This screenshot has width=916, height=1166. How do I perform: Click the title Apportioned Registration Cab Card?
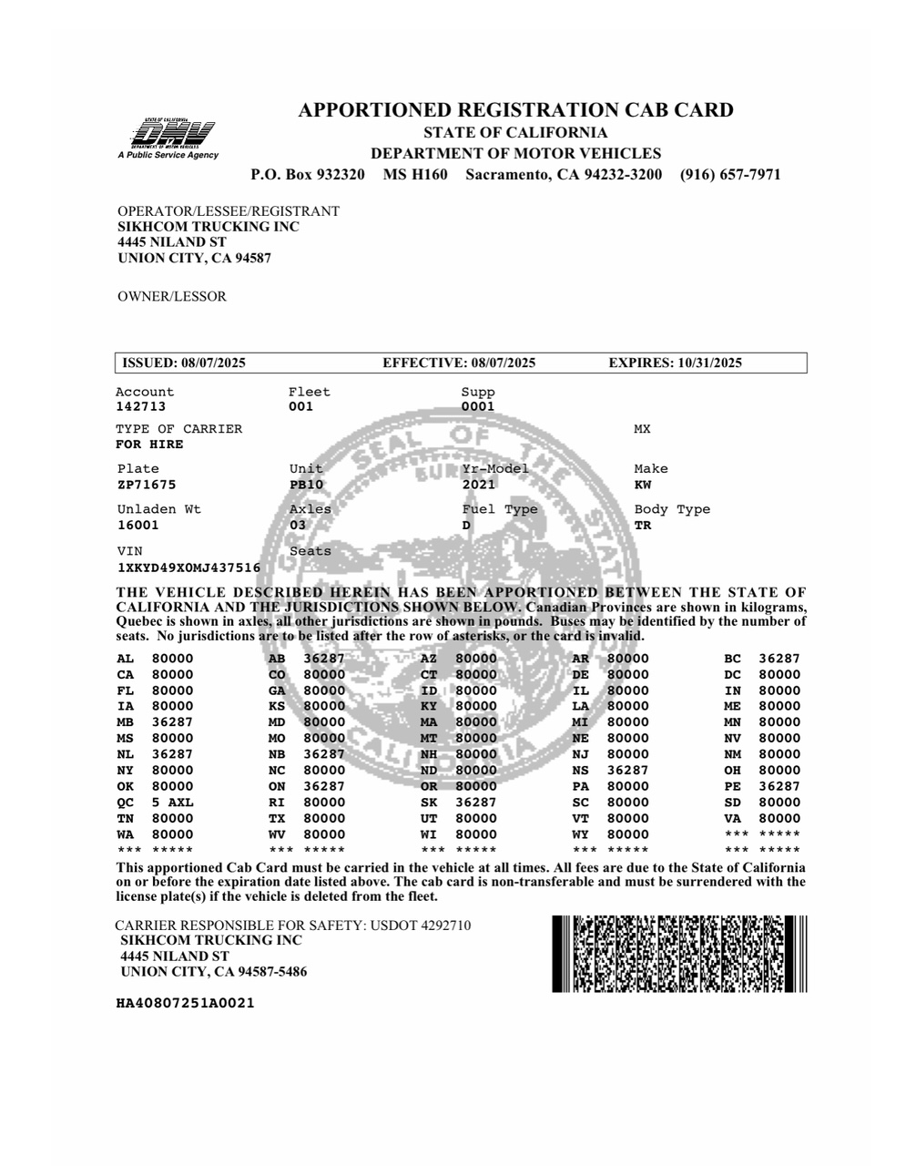click(x=515, y=110)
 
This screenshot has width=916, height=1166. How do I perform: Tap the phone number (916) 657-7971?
click(x=729, y=174)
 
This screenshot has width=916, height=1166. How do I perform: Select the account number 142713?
click(x=140, y=407)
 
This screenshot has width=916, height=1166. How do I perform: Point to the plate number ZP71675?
click(x=147, y=485)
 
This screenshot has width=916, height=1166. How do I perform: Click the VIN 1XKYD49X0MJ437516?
click(x=188, y=568)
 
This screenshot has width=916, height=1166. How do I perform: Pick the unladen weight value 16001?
click(x=137, y=526)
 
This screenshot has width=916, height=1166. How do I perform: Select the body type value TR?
click(x=643, y=526)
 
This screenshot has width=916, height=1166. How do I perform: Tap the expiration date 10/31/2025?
click(x=709, y=363)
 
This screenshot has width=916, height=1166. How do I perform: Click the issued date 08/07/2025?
click(x=213, y=363)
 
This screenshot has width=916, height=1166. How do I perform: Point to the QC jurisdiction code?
click(x=125, y=803)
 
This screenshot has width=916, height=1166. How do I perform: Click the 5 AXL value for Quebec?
click(x=172, y=803)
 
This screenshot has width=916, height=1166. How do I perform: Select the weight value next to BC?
click(x=779, y=659)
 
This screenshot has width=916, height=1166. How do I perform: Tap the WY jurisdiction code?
click(x=580, y=834)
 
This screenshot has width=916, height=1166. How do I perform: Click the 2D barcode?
click(x=679, y=954)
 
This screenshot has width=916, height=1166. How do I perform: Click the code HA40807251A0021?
click(x=185, y=1003)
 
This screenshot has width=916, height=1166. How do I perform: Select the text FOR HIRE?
click(x=149, y=445)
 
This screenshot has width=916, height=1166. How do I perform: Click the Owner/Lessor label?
click(x=172, y=296)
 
